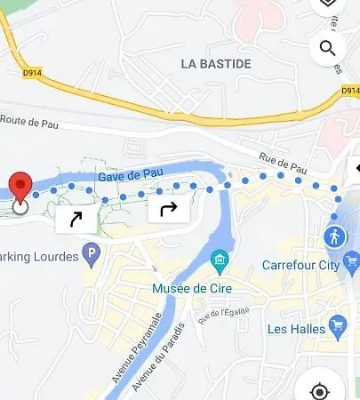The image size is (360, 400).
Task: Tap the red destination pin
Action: (20, 188)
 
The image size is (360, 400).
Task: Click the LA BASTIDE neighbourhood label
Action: (215, 64)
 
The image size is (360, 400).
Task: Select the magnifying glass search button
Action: (327, 48)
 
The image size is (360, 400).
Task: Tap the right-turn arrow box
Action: (168, 210)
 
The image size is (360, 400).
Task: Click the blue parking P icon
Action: (91, 258)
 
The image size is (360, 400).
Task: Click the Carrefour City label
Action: (301, 266)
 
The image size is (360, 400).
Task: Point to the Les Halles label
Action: (296, 329)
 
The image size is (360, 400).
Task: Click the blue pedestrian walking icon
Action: (335, 236)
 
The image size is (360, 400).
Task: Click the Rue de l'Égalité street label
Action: (225, 315)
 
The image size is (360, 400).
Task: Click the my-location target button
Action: (320, 391)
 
